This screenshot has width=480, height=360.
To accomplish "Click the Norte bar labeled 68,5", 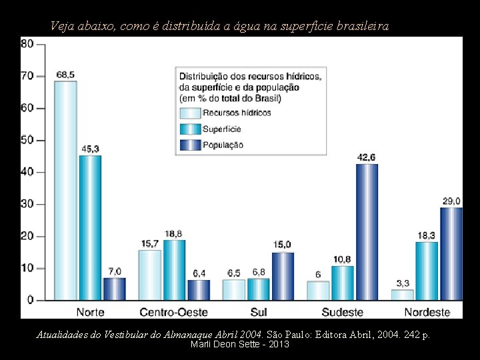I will click(x=65, y=190).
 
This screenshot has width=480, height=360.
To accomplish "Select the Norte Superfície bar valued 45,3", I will click(x=90, y=227).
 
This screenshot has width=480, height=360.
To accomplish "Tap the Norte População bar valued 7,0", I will click(x=115, y=289).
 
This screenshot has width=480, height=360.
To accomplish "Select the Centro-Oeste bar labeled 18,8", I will click(x=174, y=269).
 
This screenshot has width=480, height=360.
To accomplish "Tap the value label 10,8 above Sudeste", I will click(x=342, y=259).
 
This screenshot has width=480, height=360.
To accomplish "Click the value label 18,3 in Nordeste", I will click(x=427, y=235).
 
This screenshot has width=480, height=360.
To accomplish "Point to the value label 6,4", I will click(x=199, y=273).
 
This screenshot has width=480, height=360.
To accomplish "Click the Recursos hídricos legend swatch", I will click(x=189, y=113).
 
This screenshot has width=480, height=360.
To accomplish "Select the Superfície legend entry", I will click(x=221, y=129).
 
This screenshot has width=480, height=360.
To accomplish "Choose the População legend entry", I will click(x=223, y=145).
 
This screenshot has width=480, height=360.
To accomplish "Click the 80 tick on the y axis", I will click(x=27, y=44).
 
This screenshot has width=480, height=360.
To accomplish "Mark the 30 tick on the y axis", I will click(x=27, y=204).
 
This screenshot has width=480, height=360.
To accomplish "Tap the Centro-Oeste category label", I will click(x=173, y=312).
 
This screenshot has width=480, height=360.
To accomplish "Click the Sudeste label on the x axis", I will click(x=342, y=312).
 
